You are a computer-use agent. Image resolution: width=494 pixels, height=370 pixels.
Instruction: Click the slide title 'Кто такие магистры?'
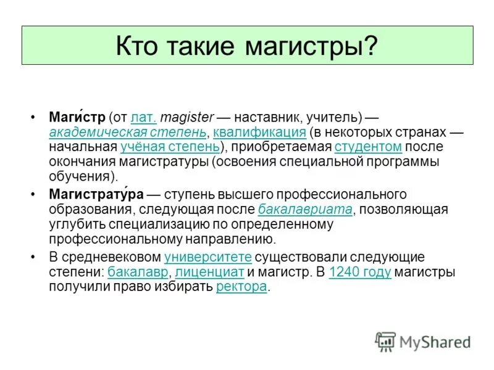[247, 45]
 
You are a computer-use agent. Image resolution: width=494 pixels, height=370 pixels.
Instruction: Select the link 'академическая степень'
[128, 133]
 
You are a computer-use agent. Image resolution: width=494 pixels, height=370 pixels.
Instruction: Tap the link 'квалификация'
[259, 133]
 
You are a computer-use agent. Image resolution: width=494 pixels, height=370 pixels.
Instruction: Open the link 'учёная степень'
[170, 147]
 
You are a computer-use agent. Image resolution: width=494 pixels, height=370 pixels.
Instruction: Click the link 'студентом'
[368, 147]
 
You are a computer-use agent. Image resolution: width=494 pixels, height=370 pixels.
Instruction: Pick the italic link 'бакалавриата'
[305, 210]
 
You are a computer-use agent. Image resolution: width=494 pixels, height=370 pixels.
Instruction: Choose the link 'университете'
[208, 257]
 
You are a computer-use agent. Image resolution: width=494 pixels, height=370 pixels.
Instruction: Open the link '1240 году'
[360, 272]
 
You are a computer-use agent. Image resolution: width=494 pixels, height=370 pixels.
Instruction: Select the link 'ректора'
[241, 287]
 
